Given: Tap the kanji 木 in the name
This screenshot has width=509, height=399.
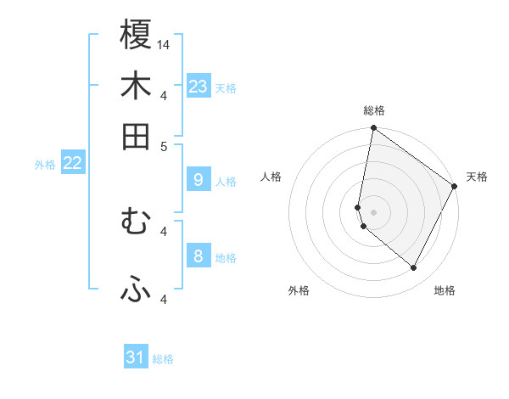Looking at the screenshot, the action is (x=136, y=86).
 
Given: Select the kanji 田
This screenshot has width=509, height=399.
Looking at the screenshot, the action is (x=136, y=136).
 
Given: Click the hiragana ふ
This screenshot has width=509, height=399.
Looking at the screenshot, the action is (x=136, y=291).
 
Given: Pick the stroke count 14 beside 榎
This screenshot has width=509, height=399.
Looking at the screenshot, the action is (x=164, y=44).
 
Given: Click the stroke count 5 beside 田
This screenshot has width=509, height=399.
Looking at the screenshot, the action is (x=165, y=145).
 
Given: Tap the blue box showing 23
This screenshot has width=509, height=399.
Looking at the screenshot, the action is (x=199, y=86).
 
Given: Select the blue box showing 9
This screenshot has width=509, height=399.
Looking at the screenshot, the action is (x=198, y=179).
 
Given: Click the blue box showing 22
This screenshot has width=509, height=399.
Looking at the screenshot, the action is (x=72, y=163).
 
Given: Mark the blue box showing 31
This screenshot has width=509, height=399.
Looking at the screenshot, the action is (x=136, y=357).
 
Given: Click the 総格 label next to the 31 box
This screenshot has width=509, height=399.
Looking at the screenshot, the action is (x=163, y=359).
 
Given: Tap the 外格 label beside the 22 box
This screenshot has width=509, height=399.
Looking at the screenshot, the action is (x=44, y=165).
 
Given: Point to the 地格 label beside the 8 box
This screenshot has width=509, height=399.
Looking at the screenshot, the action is (x=226, y=258).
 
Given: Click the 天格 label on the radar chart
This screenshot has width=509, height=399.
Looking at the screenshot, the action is (x=477, y=177).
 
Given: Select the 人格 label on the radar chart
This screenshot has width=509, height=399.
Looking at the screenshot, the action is (x=271, y=177).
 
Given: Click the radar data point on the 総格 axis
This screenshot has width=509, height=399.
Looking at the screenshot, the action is (x=373, y=129).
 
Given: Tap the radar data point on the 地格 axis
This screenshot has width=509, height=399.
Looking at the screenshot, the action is (x=414, y=268).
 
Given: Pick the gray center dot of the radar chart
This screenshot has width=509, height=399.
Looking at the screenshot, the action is (x=373, y=211).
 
